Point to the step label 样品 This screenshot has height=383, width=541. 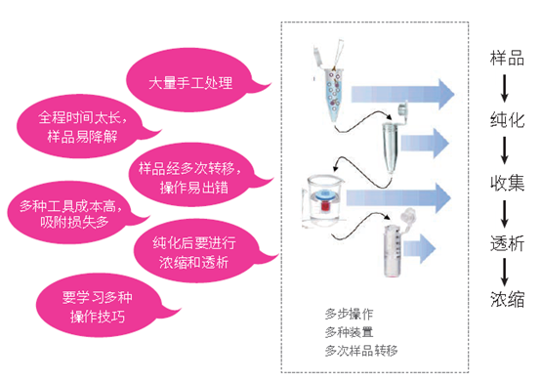(x=507, y=58)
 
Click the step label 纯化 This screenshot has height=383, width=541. (x=507, y=120)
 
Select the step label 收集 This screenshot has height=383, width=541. (x=507, y=183)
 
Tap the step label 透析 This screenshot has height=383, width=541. (x=507, y=243)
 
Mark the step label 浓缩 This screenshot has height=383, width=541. (x=507, y=299)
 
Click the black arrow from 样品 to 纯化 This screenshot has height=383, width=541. (x=505, y=88)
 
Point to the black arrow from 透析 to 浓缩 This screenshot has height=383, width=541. (x=505, y=273)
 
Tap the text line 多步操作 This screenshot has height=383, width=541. (x=349, y=314)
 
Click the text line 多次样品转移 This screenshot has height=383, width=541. (x=361, y=351)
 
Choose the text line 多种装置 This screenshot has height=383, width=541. (x=349, y=332)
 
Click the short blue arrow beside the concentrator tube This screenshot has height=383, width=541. (x=420, y=248)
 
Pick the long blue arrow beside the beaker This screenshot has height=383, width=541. (x=398, y=198)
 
